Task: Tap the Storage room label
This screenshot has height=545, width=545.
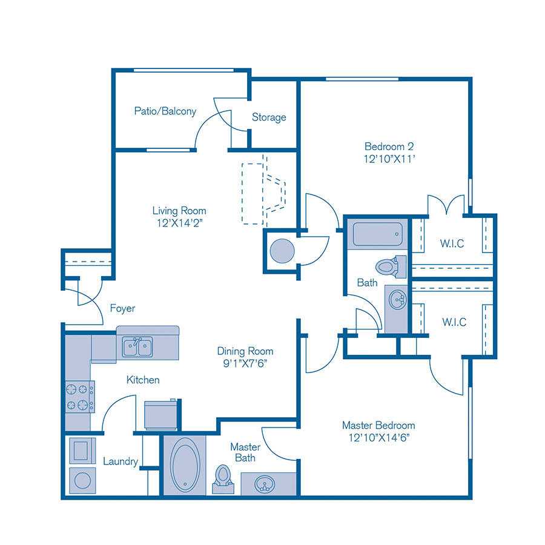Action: pos(269,117)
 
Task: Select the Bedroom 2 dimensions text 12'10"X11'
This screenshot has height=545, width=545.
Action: pos(389,159)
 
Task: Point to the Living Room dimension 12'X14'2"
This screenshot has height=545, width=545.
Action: pos(179,223)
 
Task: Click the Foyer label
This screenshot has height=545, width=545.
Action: pos(122,308)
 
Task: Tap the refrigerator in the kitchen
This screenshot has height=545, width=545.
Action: pos(161,415)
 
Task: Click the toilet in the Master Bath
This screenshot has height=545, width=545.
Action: pos(223,478)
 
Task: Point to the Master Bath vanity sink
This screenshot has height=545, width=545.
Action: pos(263,484)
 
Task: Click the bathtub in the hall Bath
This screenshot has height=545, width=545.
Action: pos(377,235)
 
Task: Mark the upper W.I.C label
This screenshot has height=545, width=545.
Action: pos(453,243)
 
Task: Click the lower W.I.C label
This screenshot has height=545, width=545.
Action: pos(454,322)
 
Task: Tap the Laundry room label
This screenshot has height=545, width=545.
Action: pos(121,461)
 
